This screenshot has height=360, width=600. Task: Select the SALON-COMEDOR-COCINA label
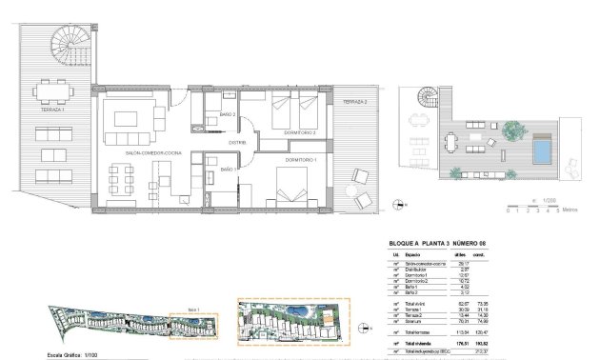click(x=152, y=152)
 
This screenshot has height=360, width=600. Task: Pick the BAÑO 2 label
click(x=227, y=115)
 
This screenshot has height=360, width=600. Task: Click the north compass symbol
click(x=396, y=202)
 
